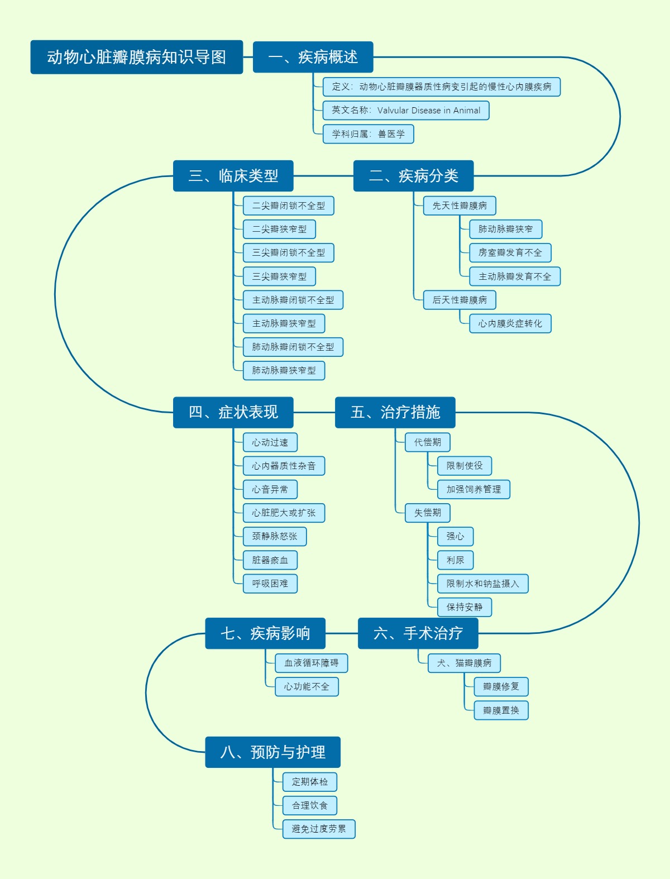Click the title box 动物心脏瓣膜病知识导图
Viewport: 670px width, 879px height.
click(x=136, y=57)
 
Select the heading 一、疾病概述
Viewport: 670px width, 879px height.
click(x=313, y=57)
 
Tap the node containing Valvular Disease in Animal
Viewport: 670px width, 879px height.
click(x=405, y=111)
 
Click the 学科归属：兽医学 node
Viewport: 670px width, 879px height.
click(x=368, y=134)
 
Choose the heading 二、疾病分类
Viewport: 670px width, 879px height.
click(x=413, y=176)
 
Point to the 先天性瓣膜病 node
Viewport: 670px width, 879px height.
click(x=459, y=206)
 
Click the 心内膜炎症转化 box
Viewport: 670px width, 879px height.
click(x=510, y=324)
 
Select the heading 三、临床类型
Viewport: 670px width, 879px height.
click(x=233, y=176)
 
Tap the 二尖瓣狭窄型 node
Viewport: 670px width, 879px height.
click(x=279, y=230)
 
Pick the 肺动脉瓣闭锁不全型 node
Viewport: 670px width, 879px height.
click(x=293, y=347)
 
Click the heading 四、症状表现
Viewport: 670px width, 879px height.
click(x=233, y=413)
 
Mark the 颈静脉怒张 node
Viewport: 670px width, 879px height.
click(x=274, y=537)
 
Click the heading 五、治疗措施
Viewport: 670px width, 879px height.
click(x=395, y=413)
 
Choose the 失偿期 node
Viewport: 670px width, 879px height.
click(x=427, y=513)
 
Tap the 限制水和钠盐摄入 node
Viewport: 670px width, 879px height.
click(x=482, y=584)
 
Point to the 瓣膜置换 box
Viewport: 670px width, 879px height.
click(x=500, y=711)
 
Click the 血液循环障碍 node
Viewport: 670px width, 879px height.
click(x=311, y=663)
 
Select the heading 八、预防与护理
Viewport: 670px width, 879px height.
click(x=272, y=752)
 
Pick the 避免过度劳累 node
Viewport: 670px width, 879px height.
click(x=318, y=829)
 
